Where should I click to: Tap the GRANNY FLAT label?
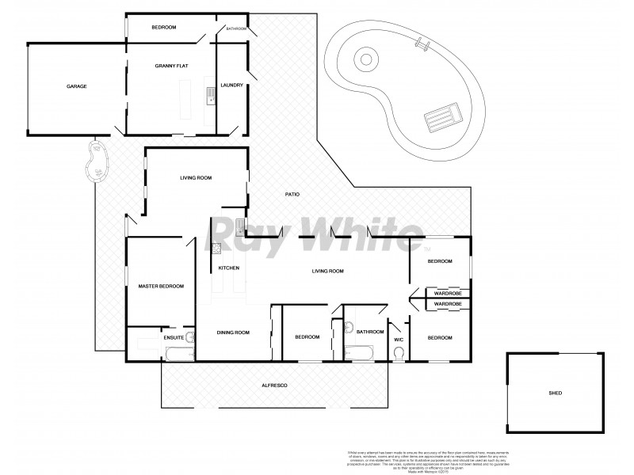[170, 70]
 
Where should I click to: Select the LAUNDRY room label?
[231, 85]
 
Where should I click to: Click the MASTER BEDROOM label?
[161, 286]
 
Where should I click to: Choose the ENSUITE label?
[174, 338]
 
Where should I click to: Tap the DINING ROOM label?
[233, 332]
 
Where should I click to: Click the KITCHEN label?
[229, 268]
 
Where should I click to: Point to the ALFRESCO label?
[274, 385]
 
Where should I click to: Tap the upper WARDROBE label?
[449, 294]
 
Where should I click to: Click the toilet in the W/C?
[399, 353]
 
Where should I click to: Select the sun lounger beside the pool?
[440, 120]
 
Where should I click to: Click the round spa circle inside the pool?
[365, 58]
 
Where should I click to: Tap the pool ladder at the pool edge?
[424, 45]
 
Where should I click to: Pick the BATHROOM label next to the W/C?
[369, 332]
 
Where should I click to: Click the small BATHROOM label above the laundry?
[236, 28]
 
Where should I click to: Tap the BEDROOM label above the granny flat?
[163, 28]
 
